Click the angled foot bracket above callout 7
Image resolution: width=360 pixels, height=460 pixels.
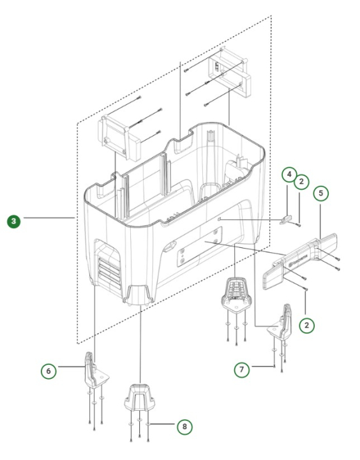pos(283,322)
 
